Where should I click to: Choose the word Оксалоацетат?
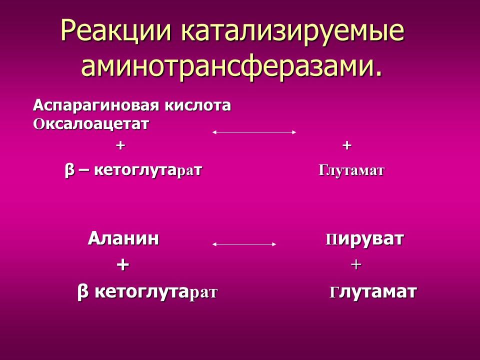click(x=91, y=123)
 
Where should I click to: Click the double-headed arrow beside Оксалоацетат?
click(x=254, y=132)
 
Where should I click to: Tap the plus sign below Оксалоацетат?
click(x=120, y=145)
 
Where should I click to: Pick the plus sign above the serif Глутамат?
click(x=347, y=145)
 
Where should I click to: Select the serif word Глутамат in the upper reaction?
click(x=351, y=171)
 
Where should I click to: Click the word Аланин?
click(x=123, y=239)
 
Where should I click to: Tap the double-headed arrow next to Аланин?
click(x=244, y=244)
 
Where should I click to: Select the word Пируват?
click(x=364, y=239)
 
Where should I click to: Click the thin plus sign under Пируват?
click(x=356, y=265)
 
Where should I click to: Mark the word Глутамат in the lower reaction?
click(x=372, y=292)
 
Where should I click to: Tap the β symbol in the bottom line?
click(x=83, y=292)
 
